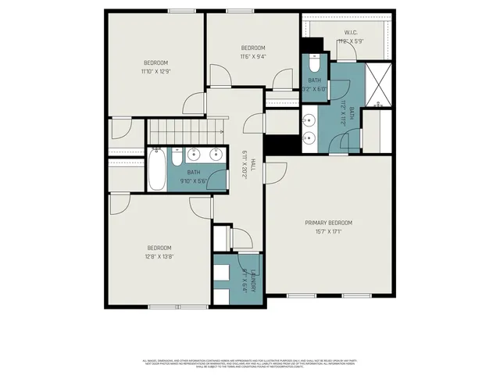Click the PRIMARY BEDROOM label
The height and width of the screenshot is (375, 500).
click(x=328, y=223)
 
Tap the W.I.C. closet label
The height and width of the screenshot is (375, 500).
click(x=351, y=32)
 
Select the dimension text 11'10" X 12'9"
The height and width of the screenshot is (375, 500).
click(x=155, y=72)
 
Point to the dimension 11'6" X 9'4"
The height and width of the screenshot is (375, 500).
click(x=252, y=56)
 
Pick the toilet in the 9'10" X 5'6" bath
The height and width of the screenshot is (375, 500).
click(x=177, y=159)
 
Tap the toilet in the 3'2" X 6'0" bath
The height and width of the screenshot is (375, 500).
click(x=314, y=60)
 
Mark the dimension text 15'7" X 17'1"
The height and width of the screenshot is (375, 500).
click(x=328, y=232)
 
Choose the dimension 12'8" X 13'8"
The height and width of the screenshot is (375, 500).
click(x=159, y=256)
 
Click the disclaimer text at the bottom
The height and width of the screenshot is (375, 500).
click(x=250, y=363)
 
